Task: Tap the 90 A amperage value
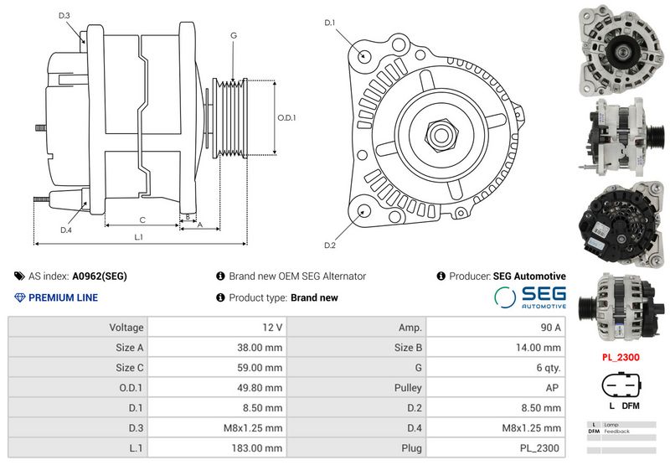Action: (x=551, y=327)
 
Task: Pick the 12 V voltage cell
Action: (x=273, y=327)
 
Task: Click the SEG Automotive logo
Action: (x=529, y=297)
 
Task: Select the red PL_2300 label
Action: (x=619, y=357)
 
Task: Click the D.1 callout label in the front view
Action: (x=330, y=23)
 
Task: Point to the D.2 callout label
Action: (x=330, y=245)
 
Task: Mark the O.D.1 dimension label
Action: (x=287, y=117)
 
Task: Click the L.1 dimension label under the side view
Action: (x=139, y=237)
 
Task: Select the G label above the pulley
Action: (x=233, y=35)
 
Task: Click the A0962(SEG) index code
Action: (x=100, y=276)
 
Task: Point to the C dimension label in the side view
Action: (x=142, y=220)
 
